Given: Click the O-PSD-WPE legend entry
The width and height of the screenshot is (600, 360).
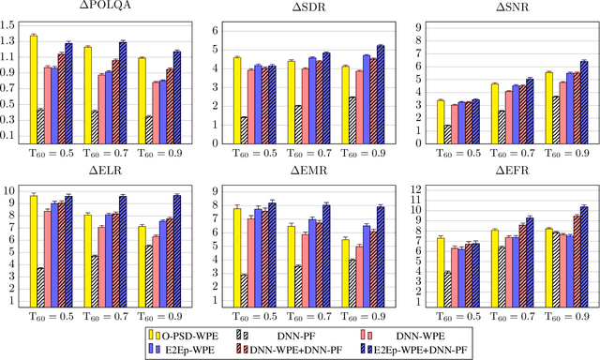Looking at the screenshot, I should pyautogui.click(x=184, y=333).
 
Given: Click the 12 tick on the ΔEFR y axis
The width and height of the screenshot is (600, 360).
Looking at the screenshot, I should pyautogui.click(x=415, y=190).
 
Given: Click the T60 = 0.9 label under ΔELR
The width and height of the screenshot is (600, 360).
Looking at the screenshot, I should pyautogui.click(x=155, y=318).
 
